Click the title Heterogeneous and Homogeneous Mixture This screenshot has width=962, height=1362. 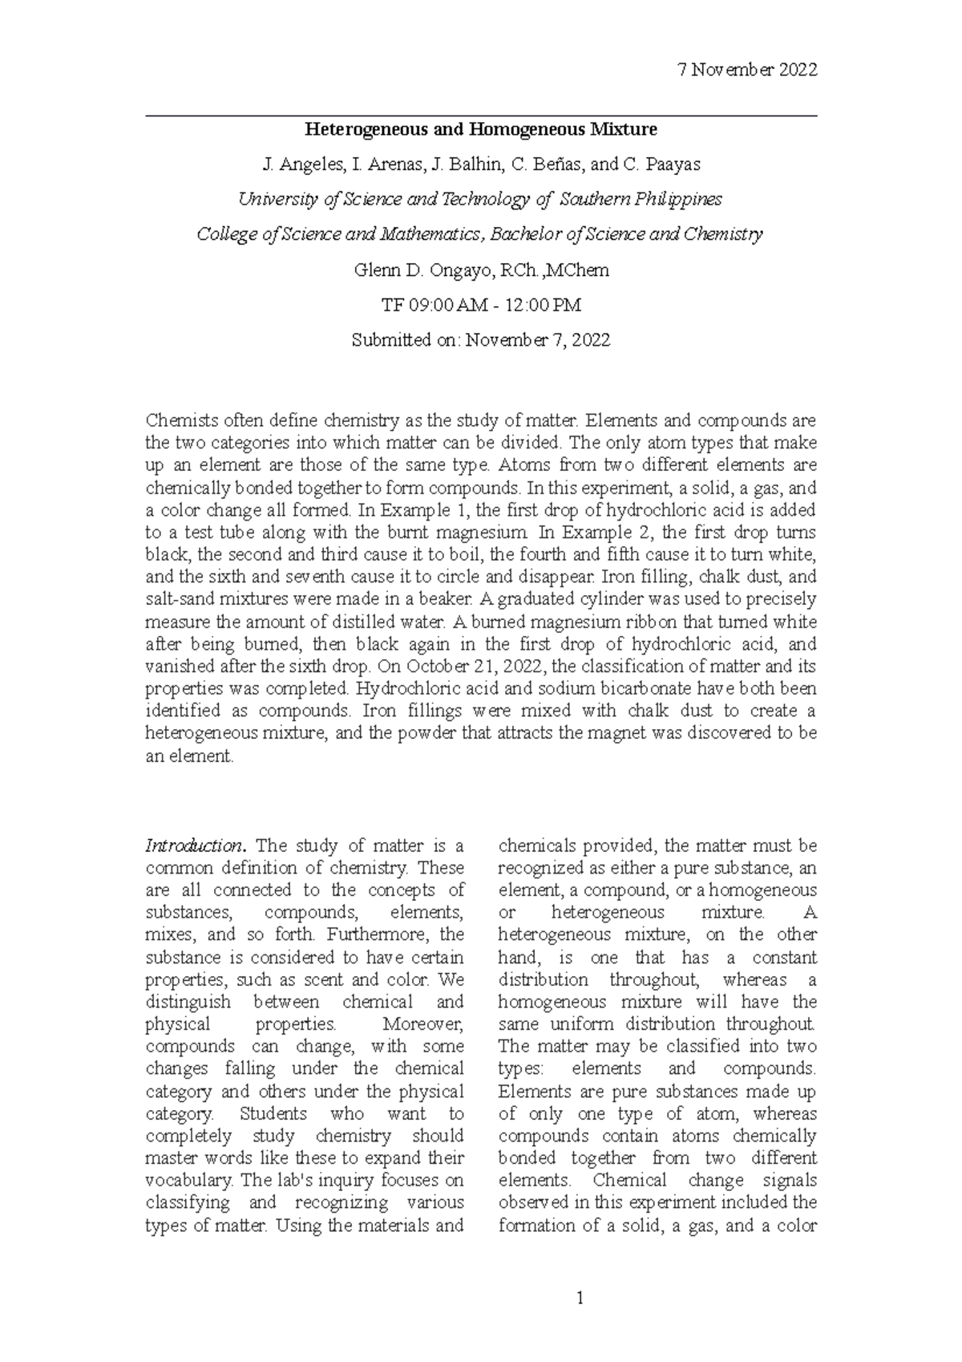coord(480,129)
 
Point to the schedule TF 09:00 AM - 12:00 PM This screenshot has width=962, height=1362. coord(481,306)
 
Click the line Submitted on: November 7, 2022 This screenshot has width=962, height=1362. coord(481,340)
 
